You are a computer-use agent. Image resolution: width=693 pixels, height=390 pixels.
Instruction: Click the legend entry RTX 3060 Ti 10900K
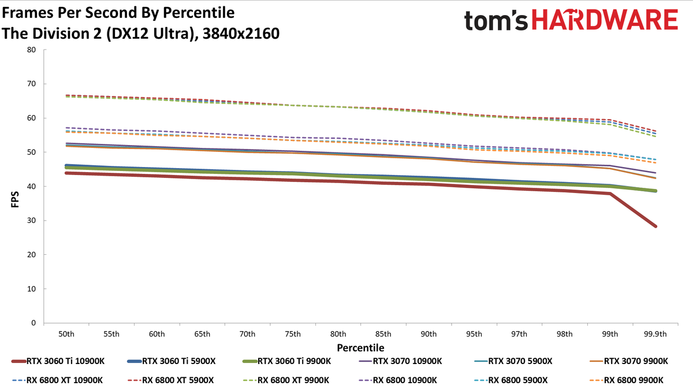(x=58, y=361)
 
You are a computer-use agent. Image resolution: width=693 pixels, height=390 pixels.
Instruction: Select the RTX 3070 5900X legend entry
(x=513, y=361)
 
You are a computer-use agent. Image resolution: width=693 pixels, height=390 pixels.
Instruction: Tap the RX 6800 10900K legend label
(x=398, y=380)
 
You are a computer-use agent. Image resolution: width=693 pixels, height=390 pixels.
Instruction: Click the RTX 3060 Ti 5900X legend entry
(x=172, y=361)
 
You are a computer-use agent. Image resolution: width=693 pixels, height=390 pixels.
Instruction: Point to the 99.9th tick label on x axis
(x=655, y=334)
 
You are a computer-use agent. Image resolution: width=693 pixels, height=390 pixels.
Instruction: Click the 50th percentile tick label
(x=66, y=334)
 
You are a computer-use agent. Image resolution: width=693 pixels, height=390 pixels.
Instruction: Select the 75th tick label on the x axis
(x=293, y=334)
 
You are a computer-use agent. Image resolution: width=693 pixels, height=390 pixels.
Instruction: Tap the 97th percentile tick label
(x=519, y=334)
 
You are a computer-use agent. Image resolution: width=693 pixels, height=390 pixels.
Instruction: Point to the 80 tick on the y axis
(x=31, y=50)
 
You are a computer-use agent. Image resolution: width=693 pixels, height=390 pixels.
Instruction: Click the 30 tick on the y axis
(x=31, y=220)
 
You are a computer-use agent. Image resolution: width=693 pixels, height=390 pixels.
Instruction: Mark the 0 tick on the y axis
(x=33, y=323)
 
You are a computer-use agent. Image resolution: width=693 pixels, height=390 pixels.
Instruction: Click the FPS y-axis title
(x=15, y=199)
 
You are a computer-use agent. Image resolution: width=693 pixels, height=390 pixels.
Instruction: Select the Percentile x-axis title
(x=360, y=348)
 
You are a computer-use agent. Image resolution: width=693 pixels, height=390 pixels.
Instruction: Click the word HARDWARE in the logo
(x=605, y=20)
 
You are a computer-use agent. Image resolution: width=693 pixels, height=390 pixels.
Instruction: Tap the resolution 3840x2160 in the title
(x=241, y=34)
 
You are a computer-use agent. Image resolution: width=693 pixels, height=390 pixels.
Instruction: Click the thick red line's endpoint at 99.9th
(x=655, y=226)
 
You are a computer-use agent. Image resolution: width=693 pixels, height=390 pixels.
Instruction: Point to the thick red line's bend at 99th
(x=610, y=194)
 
